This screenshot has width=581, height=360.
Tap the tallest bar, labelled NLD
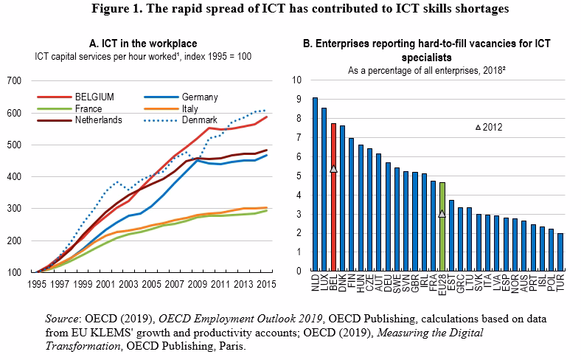pyautogui.click(x=315, y=184)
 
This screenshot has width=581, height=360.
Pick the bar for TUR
pyautogui.click(x=560, y=252)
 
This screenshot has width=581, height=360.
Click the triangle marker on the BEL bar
pyautogui.click(x=333, y=168)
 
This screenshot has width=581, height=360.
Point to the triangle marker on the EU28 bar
pyautogui.click(x=442, y=213)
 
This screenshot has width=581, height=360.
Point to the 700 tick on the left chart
pyautogui.click(x=14, y=80)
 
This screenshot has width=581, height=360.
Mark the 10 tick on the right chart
pyautogui.click(x=296, y=80)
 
